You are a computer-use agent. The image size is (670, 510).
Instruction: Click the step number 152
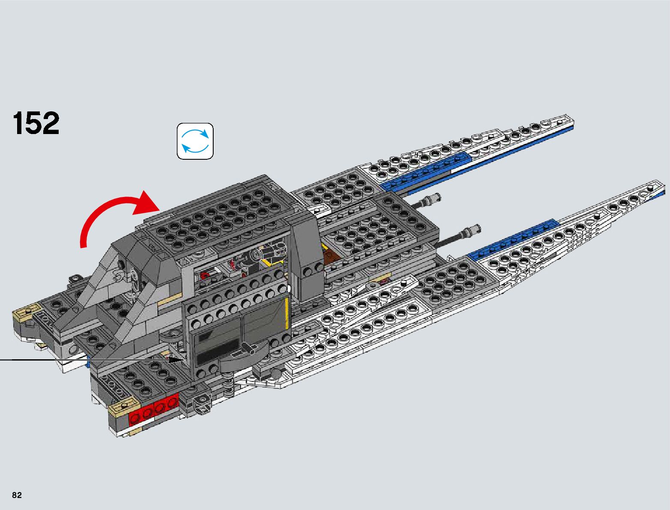36,123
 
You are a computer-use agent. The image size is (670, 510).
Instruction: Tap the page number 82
17,495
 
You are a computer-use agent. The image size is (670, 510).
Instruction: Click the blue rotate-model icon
195,141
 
